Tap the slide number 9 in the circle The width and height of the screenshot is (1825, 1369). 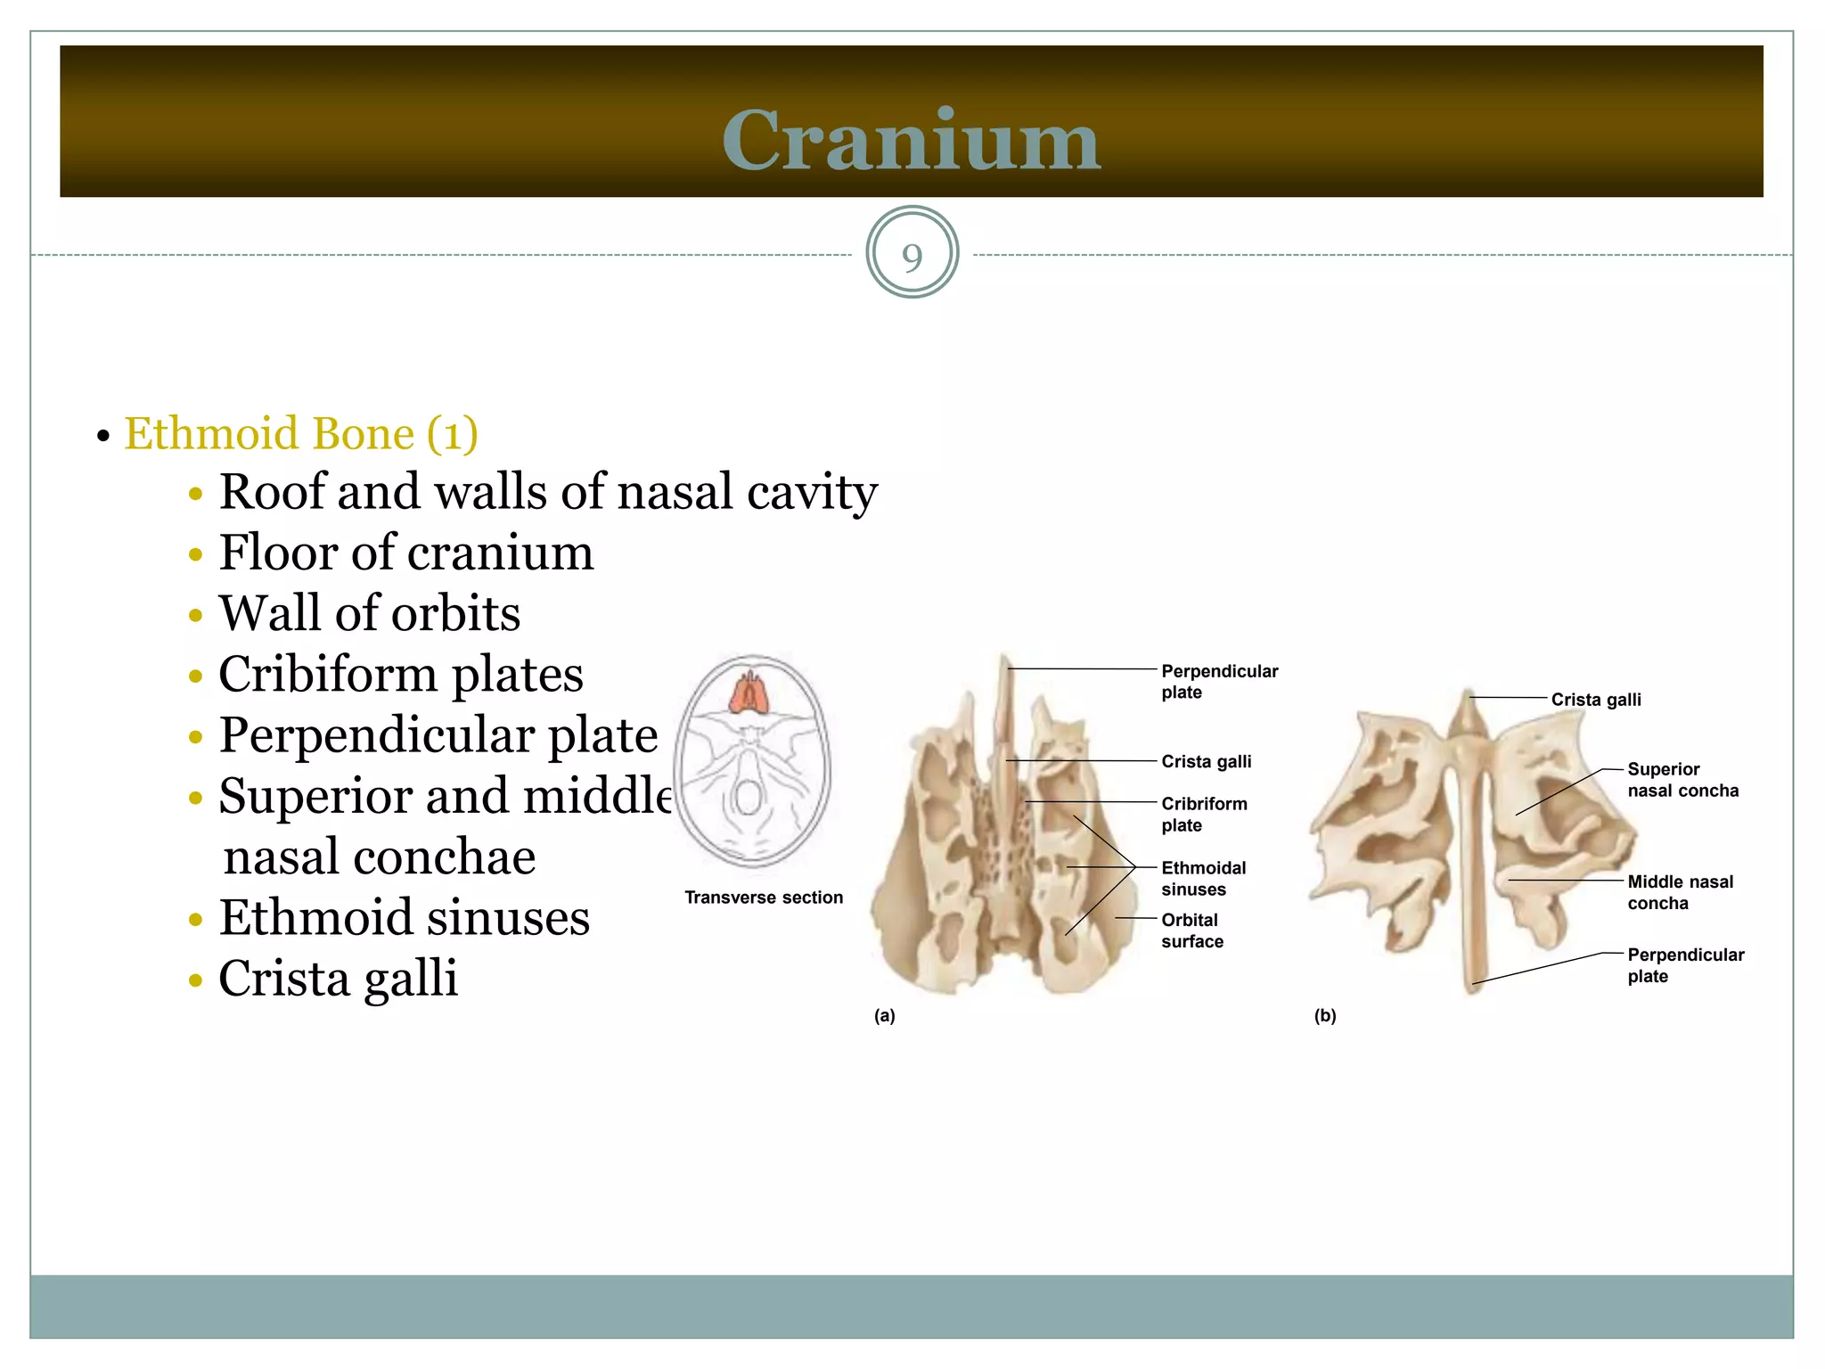[x=912, y=257]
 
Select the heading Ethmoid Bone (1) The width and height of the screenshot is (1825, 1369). [x=300, y=434]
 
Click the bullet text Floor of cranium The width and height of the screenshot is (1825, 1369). [x=405, y=553]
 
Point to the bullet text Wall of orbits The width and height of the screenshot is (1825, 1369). [x=369, y=613]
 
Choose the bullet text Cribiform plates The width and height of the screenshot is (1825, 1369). [x=400, y=674]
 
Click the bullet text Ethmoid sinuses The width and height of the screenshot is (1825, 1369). [x=404, y=917]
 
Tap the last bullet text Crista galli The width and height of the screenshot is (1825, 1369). [x=338, y=978]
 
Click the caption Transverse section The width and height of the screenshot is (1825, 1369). [x=763, y=898]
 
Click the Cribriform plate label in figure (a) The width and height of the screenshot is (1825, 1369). [x=1203, y=815]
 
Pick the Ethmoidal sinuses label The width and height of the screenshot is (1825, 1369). [x=1203, y=879]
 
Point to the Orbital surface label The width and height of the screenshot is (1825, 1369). [x=1191, y=930]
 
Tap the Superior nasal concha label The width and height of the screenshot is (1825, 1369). [x=1682, y=780]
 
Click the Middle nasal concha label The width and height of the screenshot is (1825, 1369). [x=1680, y=892]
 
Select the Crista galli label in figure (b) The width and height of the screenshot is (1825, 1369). [x=1595, y=700]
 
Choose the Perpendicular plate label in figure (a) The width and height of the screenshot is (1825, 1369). [x=1218, y=682]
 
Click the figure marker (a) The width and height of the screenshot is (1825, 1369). [x=884, y=1016]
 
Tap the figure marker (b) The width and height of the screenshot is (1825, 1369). [x=1324, y=1016]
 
